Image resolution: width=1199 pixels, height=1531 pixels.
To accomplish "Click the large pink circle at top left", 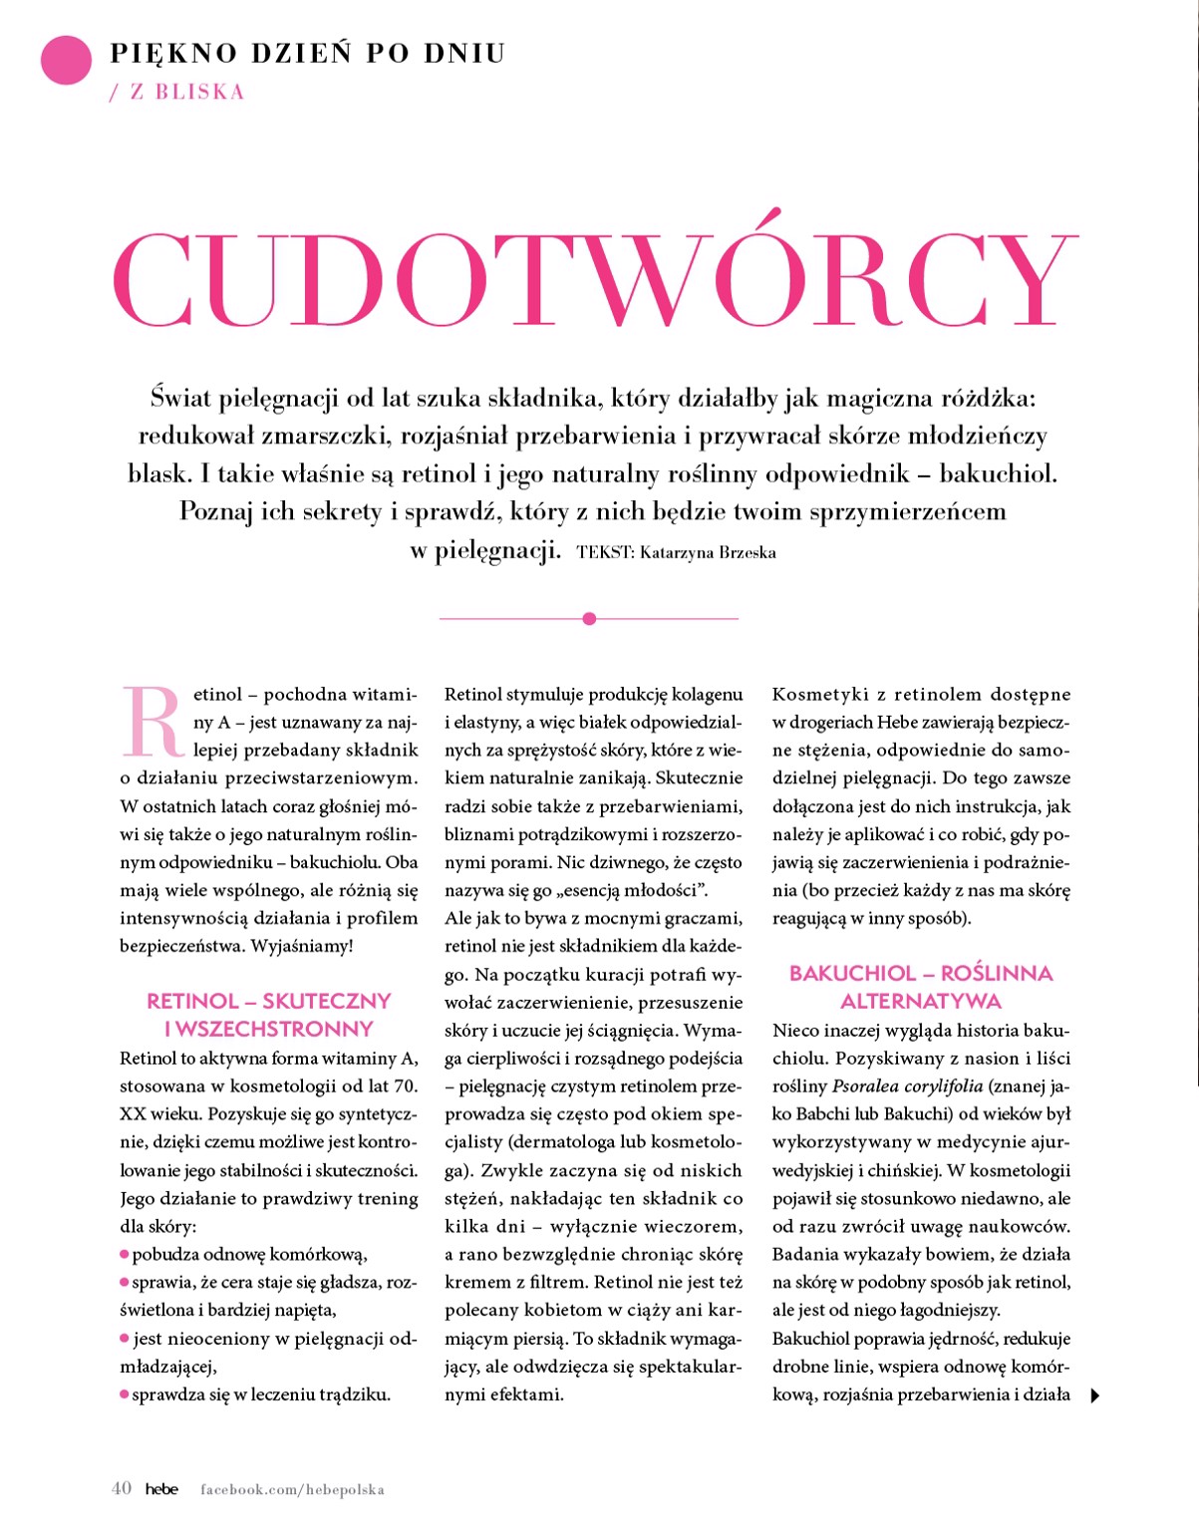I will [x=66, y=60].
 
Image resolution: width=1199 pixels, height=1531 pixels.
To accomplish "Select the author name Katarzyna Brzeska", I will [x=708, y=552].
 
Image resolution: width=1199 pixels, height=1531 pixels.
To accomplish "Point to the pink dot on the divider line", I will [x=589, y=619].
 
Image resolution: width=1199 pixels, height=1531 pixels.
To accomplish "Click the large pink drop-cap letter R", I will [x=152, y=721].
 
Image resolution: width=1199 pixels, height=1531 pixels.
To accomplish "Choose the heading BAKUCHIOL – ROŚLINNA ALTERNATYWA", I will [x=920, y=987].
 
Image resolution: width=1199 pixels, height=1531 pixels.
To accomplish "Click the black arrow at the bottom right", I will [x=1094, y=1395].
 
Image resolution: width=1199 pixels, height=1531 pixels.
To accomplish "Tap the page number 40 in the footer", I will [x=122, y=1488].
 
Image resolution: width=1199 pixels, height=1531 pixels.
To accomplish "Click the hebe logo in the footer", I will [x=161, y=1489].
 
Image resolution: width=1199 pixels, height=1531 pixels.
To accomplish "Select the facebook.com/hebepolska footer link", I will [x=292, y=1489].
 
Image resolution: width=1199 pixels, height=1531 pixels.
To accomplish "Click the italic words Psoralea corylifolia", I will [x=907, y=1086].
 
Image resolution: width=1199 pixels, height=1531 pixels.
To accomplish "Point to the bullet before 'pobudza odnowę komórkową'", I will [x=125, y=1254].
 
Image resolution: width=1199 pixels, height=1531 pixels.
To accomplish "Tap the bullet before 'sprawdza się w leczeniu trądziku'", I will [x=125, y=1394].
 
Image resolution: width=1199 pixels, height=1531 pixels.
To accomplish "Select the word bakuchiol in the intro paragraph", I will [x=996, y=473].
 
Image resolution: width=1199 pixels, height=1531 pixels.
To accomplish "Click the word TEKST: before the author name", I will [x=605, y=552].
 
